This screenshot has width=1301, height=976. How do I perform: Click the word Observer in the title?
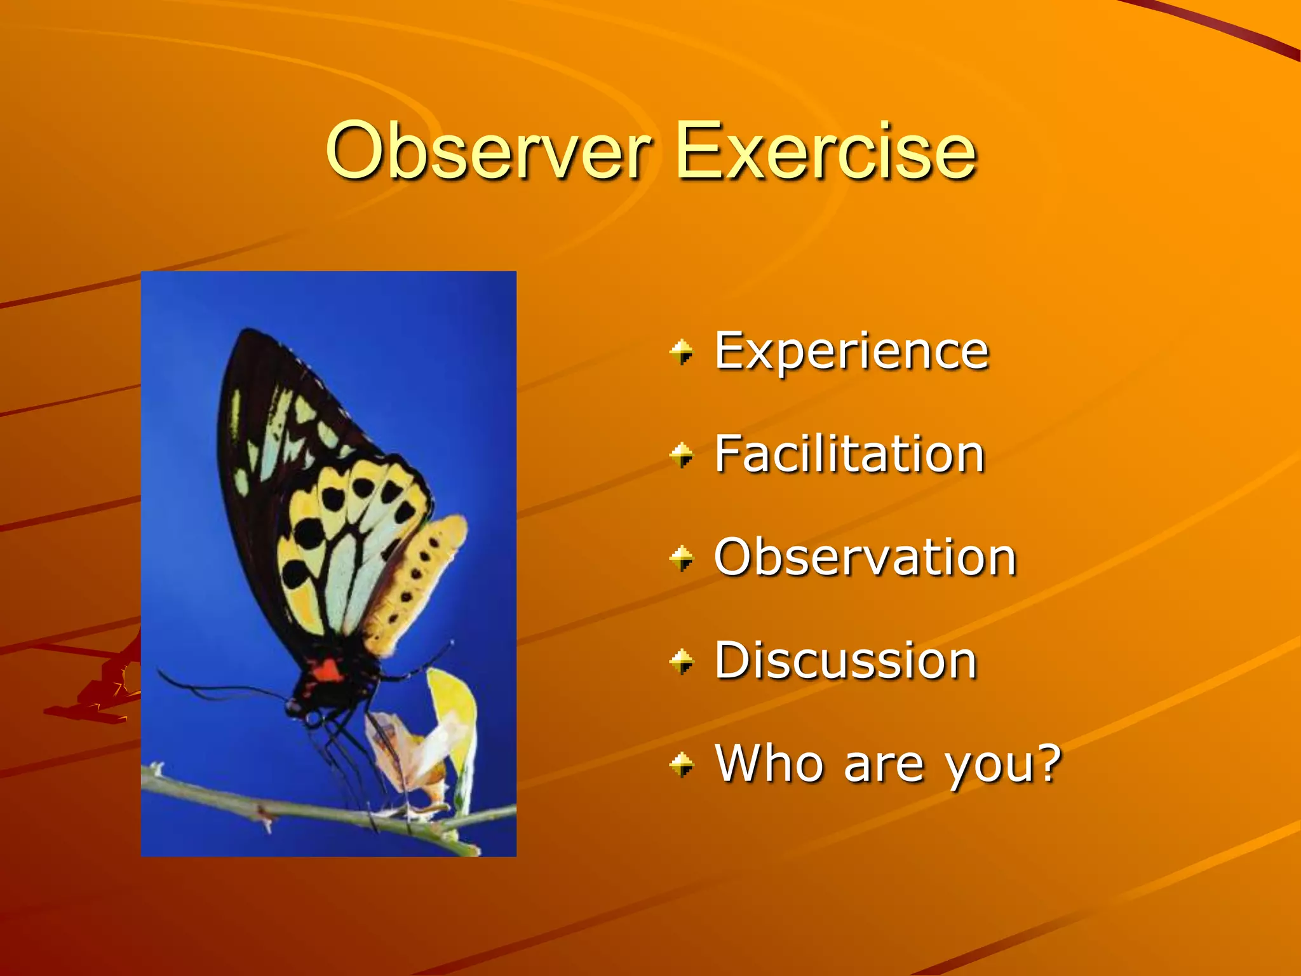tap(488, 151)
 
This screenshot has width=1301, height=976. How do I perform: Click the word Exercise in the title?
tap(825, 151)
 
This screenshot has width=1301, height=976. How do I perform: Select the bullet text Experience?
tap(851, 351)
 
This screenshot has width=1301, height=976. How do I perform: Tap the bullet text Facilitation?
tap(849, 454)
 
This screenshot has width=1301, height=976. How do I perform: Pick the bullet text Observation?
tap(865, 557)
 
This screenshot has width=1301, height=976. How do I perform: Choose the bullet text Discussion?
tap(846, 661)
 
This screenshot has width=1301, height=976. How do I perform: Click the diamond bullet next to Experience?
tap(682, 352)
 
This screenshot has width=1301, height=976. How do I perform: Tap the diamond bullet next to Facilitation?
tap(682, 455)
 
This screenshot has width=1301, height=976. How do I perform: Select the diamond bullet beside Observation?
tap(682, 559)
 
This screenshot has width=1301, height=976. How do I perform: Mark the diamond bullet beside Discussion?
tap(682, 662)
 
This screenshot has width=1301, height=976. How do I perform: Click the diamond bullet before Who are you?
tap(682, 764)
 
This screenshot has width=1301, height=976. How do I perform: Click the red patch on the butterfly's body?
tap(327, 669)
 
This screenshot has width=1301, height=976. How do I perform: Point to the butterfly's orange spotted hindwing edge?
tap(422, 572)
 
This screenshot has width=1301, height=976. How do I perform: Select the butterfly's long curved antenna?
tap(210, 689)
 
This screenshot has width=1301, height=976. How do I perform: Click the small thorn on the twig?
tap(264, 820)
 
